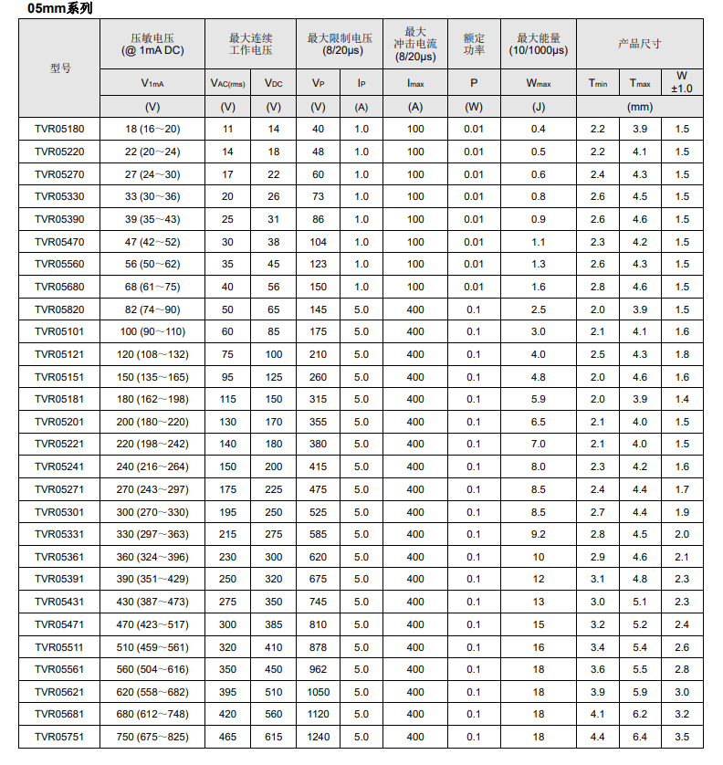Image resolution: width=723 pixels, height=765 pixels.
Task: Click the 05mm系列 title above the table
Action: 58,8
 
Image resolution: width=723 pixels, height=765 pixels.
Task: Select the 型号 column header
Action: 60,68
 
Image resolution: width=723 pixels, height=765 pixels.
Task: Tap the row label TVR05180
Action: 59,129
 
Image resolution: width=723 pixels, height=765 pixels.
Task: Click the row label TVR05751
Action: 59,737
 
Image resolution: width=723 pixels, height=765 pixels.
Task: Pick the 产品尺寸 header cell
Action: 639,43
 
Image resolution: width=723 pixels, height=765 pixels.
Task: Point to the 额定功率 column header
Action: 474,43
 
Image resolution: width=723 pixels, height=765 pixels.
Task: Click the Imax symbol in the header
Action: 416,83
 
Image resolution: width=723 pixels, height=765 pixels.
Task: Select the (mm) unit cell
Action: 639,107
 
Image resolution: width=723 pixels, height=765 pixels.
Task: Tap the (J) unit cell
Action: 539,107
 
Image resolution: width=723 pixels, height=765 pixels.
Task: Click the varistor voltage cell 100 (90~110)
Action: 152,331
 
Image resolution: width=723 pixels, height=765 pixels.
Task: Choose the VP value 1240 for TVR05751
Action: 318,737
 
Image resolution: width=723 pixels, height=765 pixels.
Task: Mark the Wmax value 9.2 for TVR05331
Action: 539,534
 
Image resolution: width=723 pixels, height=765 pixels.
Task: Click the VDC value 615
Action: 273,737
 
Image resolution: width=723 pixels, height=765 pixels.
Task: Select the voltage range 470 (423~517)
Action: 152,624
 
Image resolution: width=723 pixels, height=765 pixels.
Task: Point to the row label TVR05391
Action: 59,579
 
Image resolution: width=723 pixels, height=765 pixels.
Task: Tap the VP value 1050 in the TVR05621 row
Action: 318,692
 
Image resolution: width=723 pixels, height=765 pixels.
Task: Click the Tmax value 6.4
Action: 641,737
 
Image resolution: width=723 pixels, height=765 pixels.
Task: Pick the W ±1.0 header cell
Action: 682,82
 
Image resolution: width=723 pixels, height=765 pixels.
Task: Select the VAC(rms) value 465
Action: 227,737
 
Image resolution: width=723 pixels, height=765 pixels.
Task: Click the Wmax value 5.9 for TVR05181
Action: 539,399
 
